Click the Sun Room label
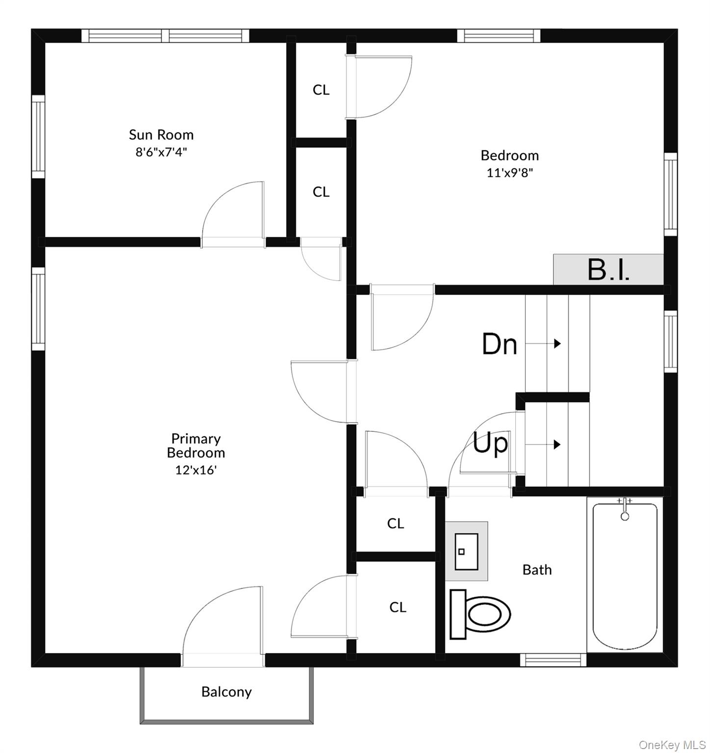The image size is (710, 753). (x=161, y=134)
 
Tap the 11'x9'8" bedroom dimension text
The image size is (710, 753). (x=509, y=173)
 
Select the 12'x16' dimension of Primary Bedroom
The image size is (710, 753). (x=196, y=470)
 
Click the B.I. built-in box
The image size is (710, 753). (x=608, y=269)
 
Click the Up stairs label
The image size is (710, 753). (x=490, y=444)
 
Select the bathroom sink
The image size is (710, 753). (x=466, y=552)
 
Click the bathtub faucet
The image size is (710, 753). (x=625, y=510)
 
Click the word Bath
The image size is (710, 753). (x=537, y=570)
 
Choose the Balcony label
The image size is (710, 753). (x=226, y=692)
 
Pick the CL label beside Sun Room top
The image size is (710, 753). (x=321, y=90)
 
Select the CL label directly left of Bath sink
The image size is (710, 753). (x=395, y=524)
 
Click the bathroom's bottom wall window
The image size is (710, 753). (x=553, y=660)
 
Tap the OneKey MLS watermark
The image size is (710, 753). (x=672, y=745)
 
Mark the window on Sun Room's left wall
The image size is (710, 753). (x=38, y=136)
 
